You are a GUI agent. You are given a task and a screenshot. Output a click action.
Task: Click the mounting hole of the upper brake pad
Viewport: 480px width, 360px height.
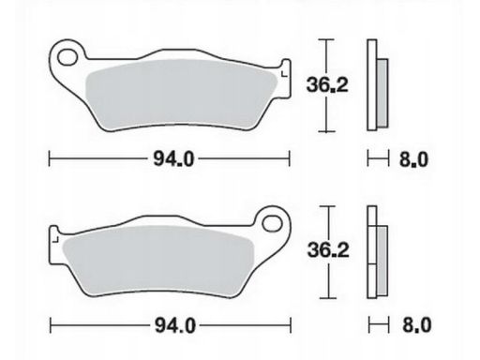coord(67,57)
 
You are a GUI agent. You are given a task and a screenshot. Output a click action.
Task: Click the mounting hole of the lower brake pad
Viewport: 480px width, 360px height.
coord(272,223)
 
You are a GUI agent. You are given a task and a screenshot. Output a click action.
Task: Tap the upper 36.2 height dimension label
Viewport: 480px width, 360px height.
coord(327,84)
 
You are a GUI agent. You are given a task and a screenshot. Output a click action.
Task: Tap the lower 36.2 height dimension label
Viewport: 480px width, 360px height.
coord(328,250)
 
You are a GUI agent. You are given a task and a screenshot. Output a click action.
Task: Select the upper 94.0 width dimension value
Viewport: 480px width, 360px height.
coord(173,159)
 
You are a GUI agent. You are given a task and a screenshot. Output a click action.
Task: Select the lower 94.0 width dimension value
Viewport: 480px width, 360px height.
coord(175,325)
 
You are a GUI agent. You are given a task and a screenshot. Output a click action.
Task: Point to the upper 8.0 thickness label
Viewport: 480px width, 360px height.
coord(413,159)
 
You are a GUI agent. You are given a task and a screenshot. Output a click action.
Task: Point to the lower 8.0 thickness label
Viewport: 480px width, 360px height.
coord(416,325)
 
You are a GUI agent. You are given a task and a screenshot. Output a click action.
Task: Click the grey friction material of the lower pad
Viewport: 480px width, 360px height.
coord(157,260)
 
